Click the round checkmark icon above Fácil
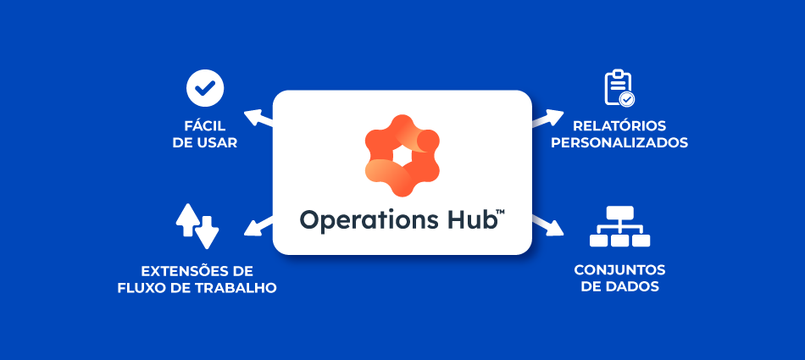click(204, 86)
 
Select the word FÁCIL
click(204, 125)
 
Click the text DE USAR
click(204, 143)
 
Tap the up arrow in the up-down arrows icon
click(186, 219)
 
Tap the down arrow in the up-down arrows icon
click(208, 229)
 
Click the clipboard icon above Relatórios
click(619, 87)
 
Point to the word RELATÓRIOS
click(619, 125)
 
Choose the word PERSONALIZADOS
click(619, 143)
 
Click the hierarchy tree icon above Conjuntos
click(619, 226)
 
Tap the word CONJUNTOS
click(619, 269)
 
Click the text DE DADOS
click(619, 287)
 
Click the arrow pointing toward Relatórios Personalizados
click(549, 118)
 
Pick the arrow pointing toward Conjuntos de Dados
click(549, 224)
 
